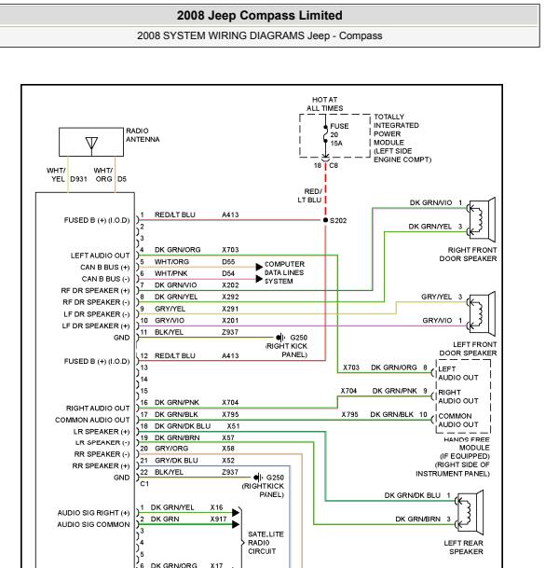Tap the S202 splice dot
[x=325, y=220]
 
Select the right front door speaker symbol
[x=481, y=220]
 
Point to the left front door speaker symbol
[x=481, y=313]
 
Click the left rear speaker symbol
[x=470, y=513]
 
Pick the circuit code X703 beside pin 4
[x=230, y=250]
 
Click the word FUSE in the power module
[x=339, y=126]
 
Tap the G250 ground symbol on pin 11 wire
[x=280, y=338]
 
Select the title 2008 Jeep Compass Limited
[x=259, y=15]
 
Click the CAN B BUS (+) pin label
[x=105, y=268]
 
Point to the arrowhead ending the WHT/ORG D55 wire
[x=259, y=267]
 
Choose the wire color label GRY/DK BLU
[x=176, y=461]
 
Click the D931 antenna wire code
[x=78, y=179]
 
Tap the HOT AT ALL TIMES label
[x=324, y=104]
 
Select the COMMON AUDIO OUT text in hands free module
[x=458, y=421]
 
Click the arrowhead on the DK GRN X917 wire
[x=236, y=524]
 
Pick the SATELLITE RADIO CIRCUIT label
[x=266, y=543]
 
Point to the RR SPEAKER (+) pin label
[x=101, y=465]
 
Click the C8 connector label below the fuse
[x=334, y=165]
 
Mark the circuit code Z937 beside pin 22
[x=230, y=472]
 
